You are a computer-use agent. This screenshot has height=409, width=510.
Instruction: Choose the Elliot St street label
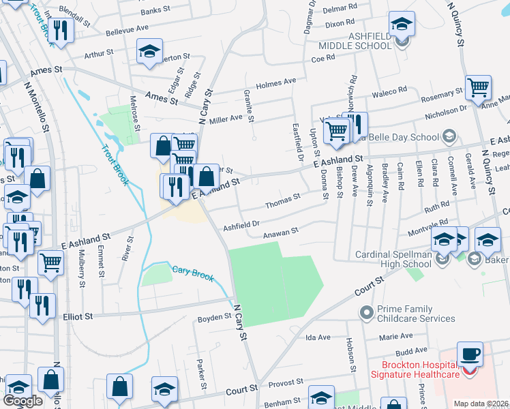pos(78,316)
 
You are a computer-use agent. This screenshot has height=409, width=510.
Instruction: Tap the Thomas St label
pos(282,199)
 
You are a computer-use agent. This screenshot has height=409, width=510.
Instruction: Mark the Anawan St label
pos(282,232)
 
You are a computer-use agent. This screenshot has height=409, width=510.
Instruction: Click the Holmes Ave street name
pos(280,83)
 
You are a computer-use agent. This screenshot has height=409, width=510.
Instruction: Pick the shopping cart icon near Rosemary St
pos(478,87)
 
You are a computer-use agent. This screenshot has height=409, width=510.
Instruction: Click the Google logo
pos(22,401)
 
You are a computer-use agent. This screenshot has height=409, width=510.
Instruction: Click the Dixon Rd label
pos(341,23)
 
